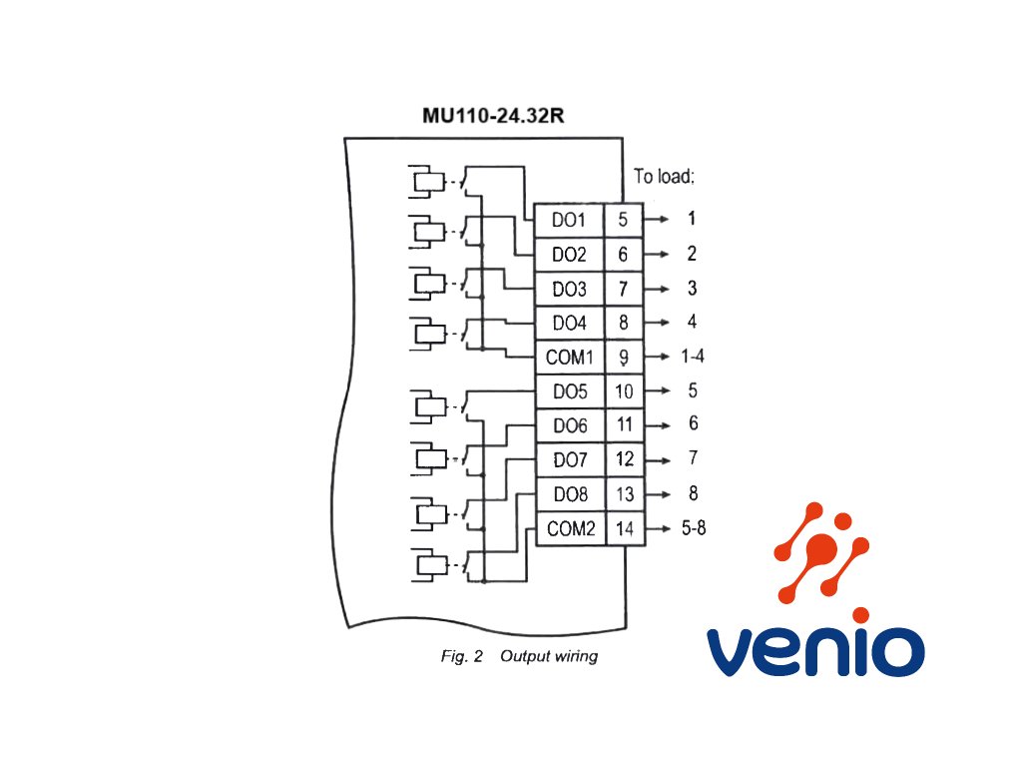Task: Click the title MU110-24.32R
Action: coord(493,116)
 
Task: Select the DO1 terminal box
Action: coord(569,220)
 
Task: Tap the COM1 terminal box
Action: coord(570,358)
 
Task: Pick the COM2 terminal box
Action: coord(571,528)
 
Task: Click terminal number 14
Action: coord(625,528)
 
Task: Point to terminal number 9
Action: coord(624,358)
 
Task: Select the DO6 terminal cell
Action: coord(570,425)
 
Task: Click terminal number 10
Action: coord(625,391)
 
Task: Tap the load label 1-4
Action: coord(693,357)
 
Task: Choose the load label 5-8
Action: coord(694,527)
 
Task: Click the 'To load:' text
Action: coord(664,176)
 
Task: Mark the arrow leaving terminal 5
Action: coord(656,219)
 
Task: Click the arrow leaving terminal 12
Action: coord(657,459)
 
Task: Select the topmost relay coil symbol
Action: coord(429,181)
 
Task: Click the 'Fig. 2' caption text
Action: coord(461,656)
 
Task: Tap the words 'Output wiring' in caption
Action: coord(549,657)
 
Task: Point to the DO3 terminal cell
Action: coord(570,289)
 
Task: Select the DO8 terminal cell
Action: coord(571,494)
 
